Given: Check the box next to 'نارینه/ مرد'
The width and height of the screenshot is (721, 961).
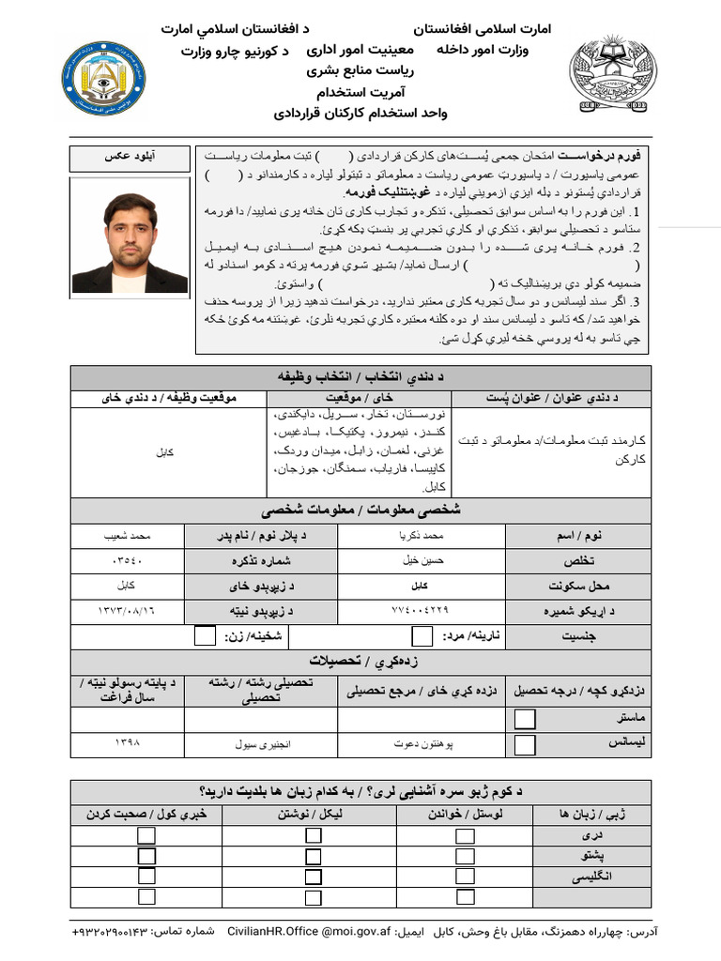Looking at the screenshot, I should (x=422, y=636).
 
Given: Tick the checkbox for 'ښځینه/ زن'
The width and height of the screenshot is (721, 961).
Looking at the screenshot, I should (x=205, y=636).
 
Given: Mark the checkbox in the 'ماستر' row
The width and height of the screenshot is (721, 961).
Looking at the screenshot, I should (x=525, y=720).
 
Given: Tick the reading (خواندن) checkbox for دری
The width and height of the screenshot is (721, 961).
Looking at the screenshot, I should (x=465, y=835).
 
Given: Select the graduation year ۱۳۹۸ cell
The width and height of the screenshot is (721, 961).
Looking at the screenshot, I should (x=127, y=744).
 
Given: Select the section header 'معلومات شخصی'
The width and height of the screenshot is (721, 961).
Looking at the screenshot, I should (x=360, y=511).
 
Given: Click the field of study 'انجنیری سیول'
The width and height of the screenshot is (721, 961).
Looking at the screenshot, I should (x=263, y=744).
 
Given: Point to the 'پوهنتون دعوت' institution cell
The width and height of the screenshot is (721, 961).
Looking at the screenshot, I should (x=423, y=744).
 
